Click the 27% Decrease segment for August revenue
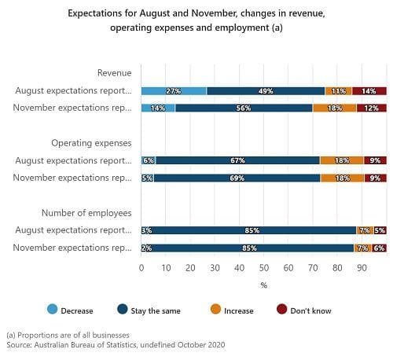pos(174,91)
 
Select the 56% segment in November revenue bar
pos(244,108)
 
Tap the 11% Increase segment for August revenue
pos(338,91)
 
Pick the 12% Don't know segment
pos(372,108)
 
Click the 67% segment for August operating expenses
pos(238,160)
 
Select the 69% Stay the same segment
pos(237,178)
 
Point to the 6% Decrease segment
pos(149,160)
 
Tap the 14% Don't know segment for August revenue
pos(369,91)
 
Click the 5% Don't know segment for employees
pos(380,230)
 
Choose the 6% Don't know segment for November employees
pos(379,248)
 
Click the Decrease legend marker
pos(53,309)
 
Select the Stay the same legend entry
pos(149,310)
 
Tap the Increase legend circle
pos(215,309)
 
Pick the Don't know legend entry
pos(304,310)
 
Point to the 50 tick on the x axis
pos(264,268)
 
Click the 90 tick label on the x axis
pos(362,268)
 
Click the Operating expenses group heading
pos(91,143)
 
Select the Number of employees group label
pos(86,213)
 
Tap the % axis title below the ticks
pos(264,285)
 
